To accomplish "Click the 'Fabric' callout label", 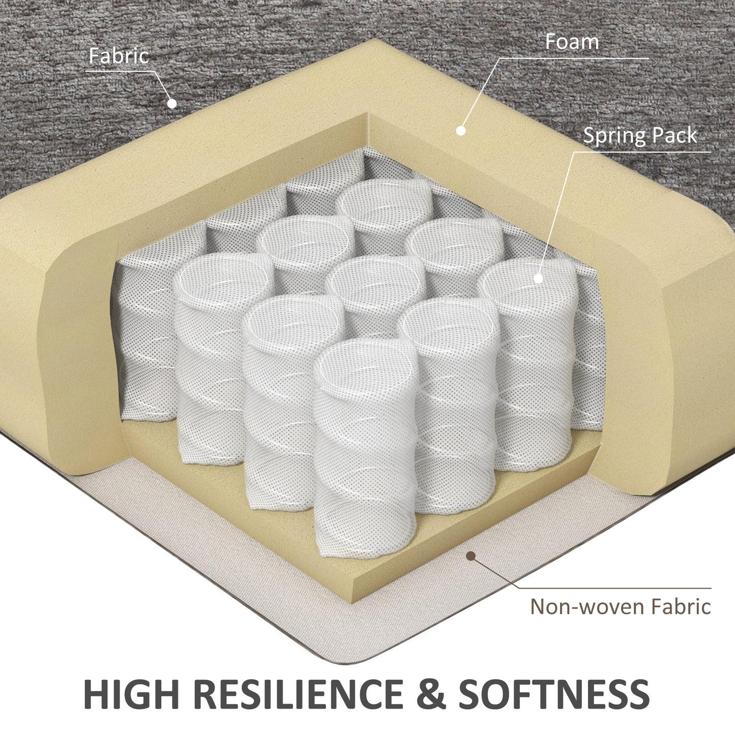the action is click(x=119, y=55).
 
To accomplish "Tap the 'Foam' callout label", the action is click(x=572, y=42).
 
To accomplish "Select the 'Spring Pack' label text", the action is click(x=640, y=136).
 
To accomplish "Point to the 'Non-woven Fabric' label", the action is click(x=621, y=606).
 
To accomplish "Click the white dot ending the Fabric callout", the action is click(x=172, y=103).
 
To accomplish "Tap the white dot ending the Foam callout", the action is click(x=461, y=131).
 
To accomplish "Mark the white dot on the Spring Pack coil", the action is click(x=538, y=278).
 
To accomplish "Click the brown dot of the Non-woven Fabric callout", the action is click(x=471, y=556).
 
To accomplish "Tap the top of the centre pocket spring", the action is click(x=376, y=281).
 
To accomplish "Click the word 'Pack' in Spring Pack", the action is click(x=674, y=135).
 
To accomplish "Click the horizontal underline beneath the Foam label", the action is click(x=574, y=58).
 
